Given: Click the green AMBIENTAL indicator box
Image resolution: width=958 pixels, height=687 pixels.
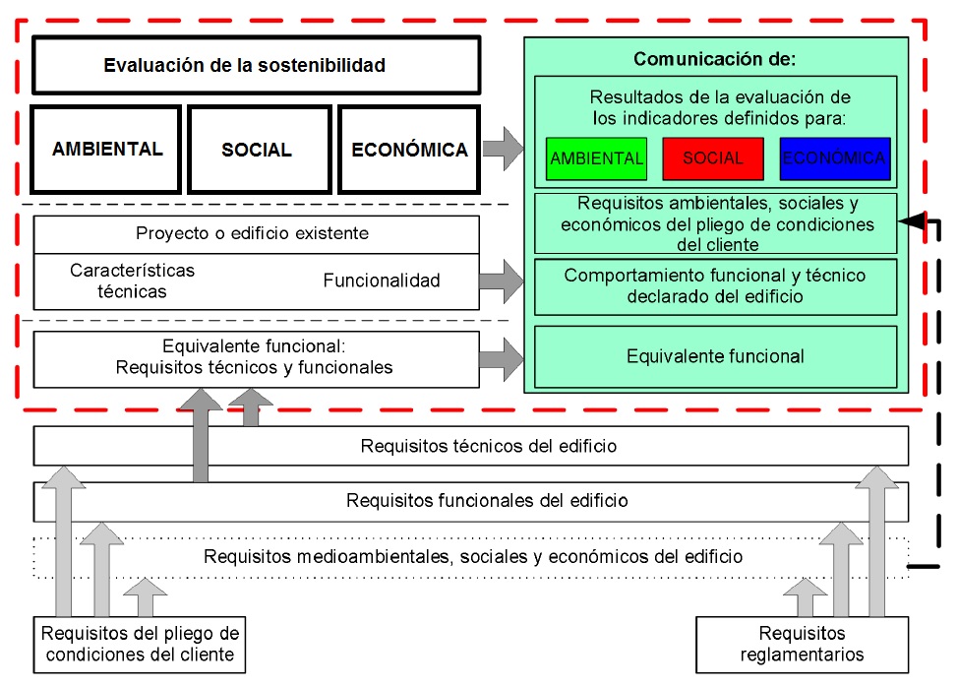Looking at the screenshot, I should [x=596, y=158].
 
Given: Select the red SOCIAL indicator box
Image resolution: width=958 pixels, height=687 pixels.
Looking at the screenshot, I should [x=712, y=158].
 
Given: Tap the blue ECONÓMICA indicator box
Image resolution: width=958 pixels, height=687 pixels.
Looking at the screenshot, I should [x=834, y=158].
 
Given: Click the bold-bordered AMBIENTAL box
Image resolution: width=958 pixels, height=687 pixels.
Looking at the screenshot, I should [x=107, y=150].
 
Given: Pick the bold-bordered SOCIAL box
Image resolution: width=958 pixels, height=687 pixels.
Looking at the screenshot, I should [x=257, y=150].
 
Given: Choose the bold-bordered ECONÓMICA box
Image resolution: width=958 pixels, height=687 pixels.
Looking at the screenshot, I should [x=409, y=150].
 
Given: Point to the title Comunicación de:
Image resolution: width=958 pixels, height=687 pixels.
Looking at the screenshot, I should [x=714, y=59].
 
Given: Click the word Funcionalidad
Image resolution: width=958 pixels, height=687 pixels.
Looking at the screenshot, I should [x=382, y=281].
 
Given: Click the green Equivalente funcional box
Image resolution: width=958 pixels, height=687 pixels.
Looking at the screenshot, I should [x=715, y=356].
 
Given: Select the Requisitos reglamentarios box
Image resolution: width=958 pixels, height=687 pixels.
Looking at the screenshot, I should [x=802, y=645].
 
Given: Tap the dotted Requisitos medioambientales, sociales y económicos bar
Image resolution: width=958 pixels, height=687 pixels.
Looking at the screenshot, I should [x=472, y=556].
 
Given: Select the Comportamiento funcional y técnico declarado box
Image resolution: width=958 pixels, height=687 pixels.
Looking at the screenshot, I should [x=715, y=285].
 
